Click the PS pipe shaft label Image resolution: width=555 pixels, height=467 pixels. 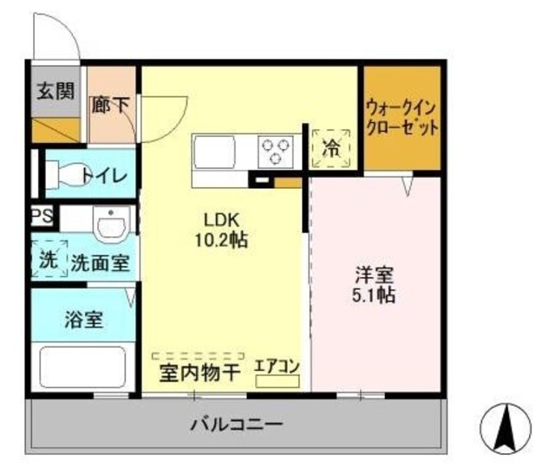(40, 215)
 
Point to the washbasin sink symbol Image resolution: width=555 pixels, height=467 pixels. (110, 227)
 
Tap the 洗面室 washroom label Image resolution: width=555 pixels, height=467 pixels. (101, 263)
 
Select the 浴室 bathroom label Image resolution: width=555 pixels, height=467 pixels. (83, 319)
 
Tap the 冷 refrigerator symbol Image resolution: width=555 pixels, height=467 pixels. (332, 148)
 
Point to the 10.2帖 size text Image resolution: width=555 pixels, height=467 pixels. (221, 240)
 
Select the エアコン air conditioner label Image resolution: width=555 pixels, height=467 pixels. (277, 366)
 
